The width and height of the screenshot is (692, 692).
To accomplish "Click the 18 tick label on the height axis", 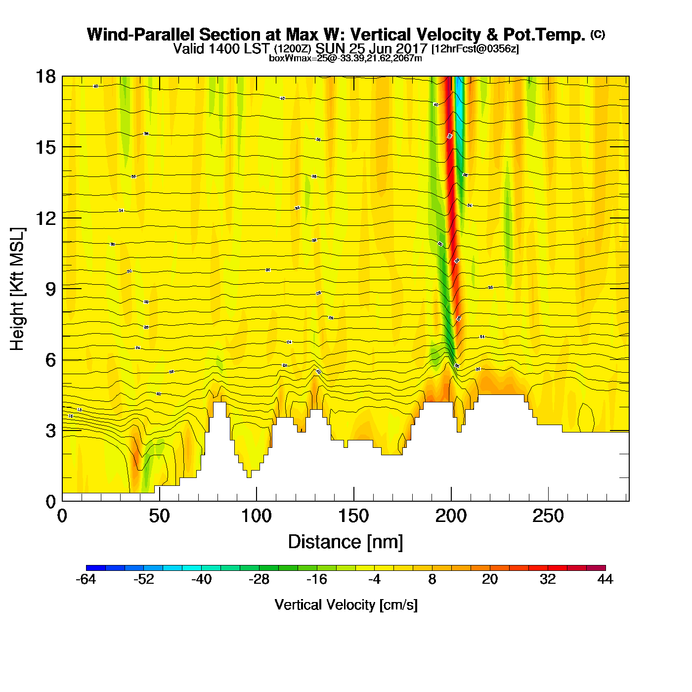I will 45,77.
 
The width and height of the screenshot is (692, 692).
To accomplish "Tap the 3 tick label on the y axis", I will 50,431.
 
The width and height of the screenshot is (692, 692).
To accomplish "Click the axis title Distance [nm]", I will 346,542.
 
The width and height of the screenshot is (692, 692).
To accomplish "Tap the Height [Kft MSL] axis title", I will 17,289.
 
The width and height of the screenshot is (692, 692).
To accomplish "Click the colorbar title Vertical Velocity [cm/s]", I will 346,605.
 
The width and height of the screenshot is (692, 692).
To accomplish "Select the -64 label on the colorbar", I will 86,579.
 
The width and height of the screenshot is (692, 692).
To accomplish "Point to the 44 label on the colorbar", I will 605,579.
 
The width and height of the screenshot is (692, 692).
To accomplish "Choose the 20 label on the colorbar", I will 490,579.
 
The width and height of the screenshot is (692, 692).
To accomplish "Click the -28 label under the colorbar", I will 259,579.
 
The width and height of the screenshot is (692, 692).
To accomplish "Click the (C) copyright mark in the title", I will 598,34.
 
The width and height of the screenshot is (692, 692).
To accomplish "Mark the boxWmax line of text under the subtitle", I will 346,58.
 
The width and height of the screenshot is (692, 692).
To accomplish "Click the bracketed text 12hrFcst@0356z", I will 475,49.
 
